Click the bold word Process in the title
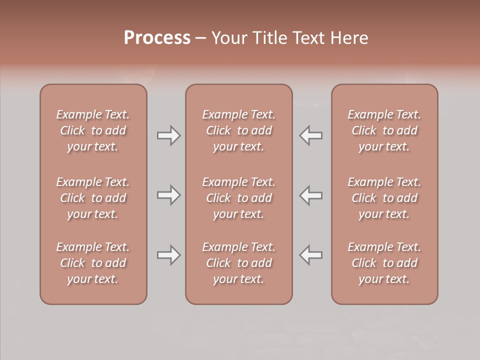coord(157,38)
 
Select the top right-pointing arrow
coord(168,135)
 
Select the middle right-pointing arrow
coord(168,195)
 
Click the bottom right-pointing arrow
coord(168,255)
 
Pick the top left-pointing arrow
coord(311,135)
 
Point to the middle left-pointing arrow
coord(311,195)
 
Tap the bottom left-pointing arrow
coord(311,255)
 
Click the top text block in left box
coord(93,130)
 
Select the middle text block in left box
coord(93,198)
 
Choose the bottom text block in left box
coord(93,263)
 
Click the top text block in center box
coord(238,130)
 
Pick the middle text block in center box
coord(238,198)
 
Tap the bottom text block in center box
coord(238,263)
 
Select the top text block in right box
coord(384,130)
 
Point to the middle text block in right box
coord(384,198)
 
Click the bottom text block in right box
coord(384,263)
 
